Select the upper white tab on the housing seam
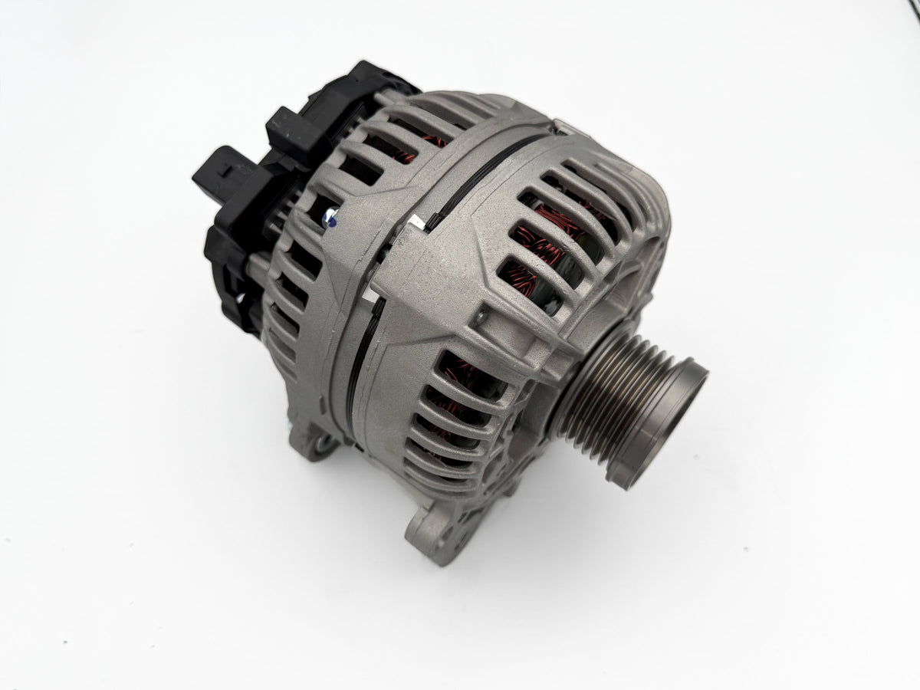point(416,223)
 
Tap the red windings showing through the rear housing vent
point(429,143)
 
